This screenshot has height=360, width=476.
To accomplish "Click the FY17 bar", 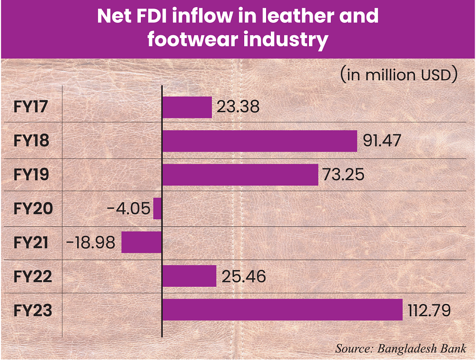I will [x=187, y=107].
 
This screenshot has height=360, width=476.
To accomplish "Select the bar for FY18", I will [x=259, y=141].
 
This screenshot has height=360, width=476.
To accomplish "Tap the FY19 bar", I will [x=240, y=175].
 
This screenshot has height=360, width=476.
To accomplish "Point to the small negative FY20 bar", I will [x=158, y=209].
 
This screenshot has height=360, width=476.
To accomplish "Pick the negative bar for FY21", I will [x=141, y=243].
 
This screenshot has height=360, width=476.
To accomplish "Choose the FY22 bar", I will [x=189, y=276].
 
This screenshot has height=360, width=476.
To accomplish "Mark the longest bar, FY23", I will [x=282, y=310].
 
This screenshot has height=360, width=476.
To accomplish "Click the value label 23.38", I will [x=238, y=107].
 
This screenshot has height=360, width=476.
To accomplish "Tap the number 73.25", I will [x=343, y=175].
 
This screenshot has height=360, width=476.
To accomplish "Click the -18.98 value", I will [x=91, y=243].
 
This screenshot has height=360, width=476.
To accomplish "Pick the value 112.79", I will [x=429, y=310].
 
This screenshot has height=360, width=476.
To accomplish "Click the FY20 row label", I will [x=32, y=209].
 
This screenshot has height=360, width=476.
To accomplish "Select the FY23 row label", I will [x=32, y=310].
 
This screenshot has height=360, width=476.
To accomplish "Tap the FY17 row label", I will [x=31, y=107].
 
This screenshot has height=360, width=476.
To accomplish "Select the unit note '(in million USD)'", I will [x=398, y=75].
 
